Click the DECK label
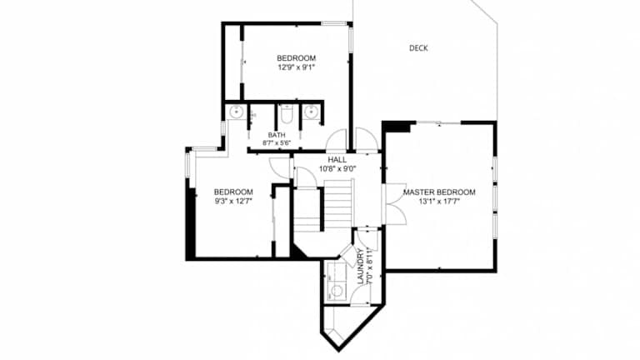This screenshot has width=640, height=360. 418,48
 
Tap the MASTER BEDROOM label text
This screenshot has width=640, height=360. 439,192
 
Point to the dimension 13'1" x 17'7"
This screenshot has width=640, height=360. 439,201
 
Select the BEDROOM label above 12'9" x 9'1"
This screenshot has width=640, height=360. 297,58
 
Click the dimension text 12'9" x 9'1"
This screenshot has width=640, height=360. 297,67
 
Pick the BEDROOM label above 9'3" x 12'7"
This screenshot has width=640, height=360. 233,192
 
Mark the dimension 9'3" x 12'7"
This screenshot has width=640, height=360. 233,201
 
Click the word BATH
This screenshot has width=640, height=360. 277,135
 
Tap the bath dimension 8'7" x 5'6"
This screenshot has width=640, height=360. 277,143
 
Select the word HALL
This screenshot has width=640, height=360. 337,160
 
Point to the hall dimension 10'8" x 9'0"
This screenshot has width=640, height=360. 337,168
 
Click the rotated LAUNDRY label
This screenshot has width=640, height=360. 360,267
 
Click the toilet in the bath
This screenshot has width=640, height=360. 287,114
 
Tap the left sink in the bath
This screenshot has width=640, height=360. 237,112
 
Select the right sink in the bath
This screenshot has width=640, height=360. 312,112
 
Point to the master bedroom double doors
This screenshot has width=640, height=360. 396,204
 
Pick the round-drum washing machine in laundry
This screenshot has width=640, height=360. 337,292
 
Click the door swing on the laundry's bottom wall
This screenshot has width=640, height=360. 361,293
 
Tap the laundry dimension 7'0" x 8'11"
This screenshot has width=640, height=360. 370,266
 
